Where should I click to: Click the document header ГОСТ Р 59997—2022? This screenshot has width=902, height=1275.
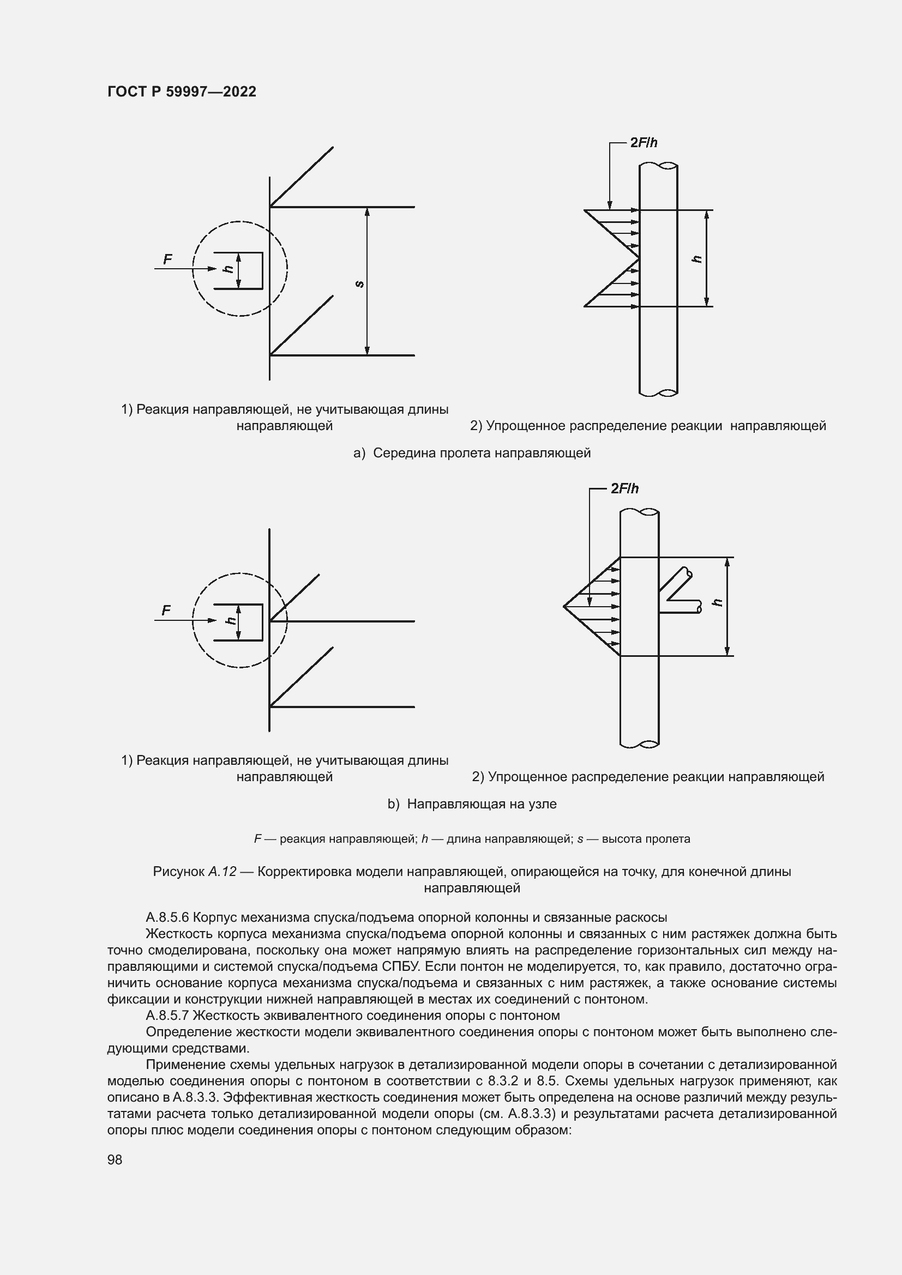click(182, 92)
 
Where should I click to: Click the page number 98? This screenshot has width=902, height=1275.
click(115, 1159)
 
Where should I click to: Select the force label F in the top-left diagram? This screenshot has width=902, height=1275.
click(167, 259)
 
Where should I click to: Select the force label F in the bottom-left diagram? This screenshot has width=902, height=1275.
click(166, 611)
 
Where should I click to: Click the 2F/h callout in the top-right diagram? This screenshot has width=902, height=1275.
click(643, 143)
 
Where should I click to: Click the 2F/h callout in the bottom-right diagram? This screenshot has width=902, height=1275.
click(624, 488)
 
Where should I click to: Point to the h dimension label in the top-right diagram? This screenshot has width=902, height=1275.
click(697, 259)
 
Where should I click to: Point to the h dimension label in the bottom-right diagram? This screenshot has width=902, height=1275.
click(718, 602)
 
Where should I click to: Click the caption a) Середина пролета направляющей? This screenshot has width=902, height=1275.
click(472, 453)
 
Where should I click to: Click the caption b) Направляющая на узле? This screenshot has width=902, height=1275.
click(472, 804)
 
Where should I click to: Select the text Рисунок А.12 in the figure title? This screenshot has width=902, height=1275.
click(194, 872)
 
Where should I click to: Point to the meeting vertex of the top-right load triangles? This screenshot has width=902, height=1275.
click(639, 259)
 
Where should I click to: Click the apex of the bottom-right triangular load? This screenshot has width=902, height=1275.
click(564, 606)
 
